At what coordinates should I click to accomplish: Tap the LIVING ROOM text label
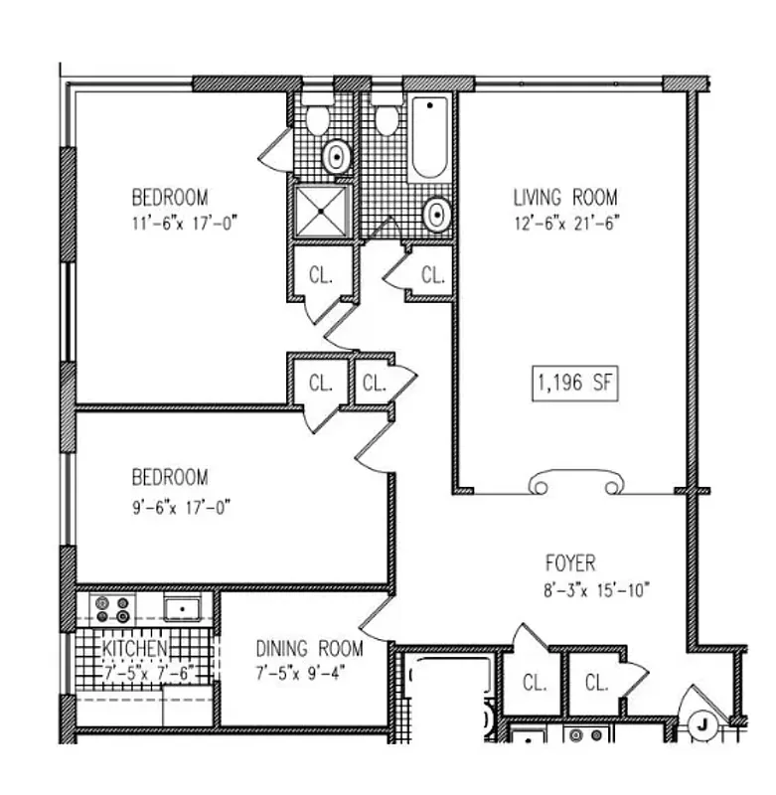(x=564, y=197)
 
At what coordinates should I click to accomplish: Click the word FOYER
(x=570, y=563)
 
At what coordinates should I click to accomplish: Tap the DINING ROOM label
(x=309, y=649)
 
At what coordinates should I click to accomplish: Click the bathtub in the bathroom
(x=429, y=138)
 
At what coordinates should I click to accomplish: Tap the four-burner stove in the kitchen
(x=110, y=607)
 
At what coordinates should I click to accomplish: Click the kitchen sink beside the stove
(x=182, y=607)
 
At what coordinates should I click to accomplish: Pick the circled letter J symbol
(x=702, y=725)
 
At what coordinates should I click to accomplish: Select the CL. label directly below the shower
(x=320, y=275)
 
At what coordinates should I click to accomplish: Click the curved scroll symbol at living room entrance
(x=575, y=482)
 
